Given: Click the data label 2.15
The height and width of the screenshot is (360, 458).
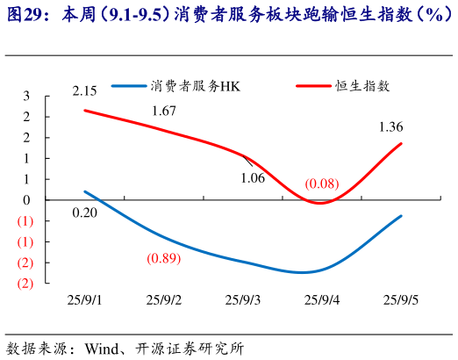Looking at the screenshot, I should (x=84, y=91).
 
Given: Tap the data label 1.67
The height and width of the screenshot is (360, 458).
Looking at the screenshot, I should (x=164, y=111).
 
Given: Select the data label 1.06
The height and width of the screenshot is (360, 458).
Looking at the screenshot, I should (x=252, y=178).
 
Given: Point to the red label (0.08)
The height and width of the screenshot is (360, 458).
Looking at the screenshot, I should (x=321, y=184).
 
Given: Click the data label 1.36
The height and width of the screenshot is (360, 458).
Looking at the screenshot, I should (x=390, y=127).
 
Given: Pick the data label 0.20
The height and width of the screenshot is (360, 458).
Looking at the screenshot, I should (x=84, y=212).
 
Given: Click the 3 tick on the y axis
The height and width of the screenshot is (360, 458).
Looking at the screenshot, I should (x=26, y=95).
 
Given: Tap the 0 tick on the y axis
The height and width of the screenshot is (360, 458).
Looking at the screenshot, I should (x=26, y=199).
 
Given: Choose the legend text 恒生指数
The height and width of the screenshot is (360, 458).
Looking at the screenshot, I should (x=362, y=85).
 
